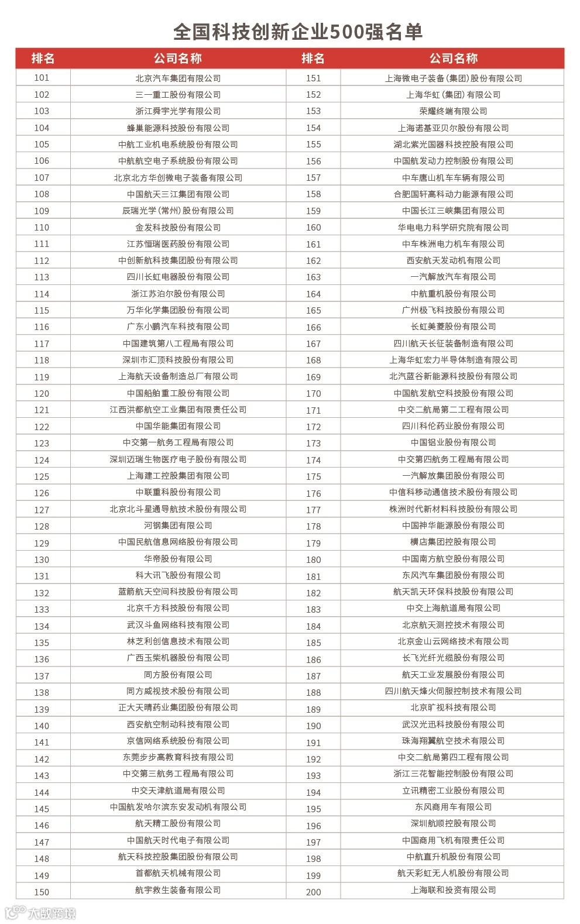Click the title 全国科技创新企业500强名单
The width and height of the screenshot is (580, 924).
297,32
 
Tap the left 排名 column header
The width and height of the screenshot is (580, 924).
43,59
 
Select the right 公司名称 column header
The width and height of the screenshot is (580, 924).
453,59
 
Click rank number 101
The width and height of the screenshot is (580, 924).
42,78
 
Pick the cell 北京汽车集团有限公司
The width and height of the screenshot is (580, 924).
178,78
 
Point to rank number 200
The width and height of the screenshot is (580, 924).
313,892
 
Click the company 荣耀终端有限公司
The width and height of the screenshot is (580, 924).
453,111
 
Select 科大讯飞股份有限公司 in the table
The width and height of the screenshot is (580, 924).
178,575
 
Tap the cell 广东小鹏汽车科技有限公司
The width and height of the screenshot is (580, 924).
178,327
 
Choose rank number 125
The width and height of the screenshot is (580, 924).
42,476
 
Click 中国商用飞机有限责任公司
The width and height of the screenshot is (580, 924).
453,840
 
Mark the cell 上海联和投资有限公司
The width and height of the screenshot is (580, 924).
453,890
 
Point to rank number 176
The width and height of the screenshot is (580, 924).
313,493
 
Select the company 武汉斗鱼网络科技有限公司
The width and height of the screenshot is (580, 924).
178,625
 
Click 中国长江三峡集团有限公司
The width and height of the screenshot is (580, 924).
453,211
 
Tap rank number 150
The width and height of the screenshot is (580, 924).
42,892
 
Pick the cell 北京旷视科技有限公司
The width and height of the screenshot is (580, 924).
453,707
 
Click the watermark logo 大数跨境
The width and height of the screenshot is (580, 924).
41,913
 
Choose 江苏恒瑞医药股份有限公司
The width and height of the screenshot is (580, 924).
178,244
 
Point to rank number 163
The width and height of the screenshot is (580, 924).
313,277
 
